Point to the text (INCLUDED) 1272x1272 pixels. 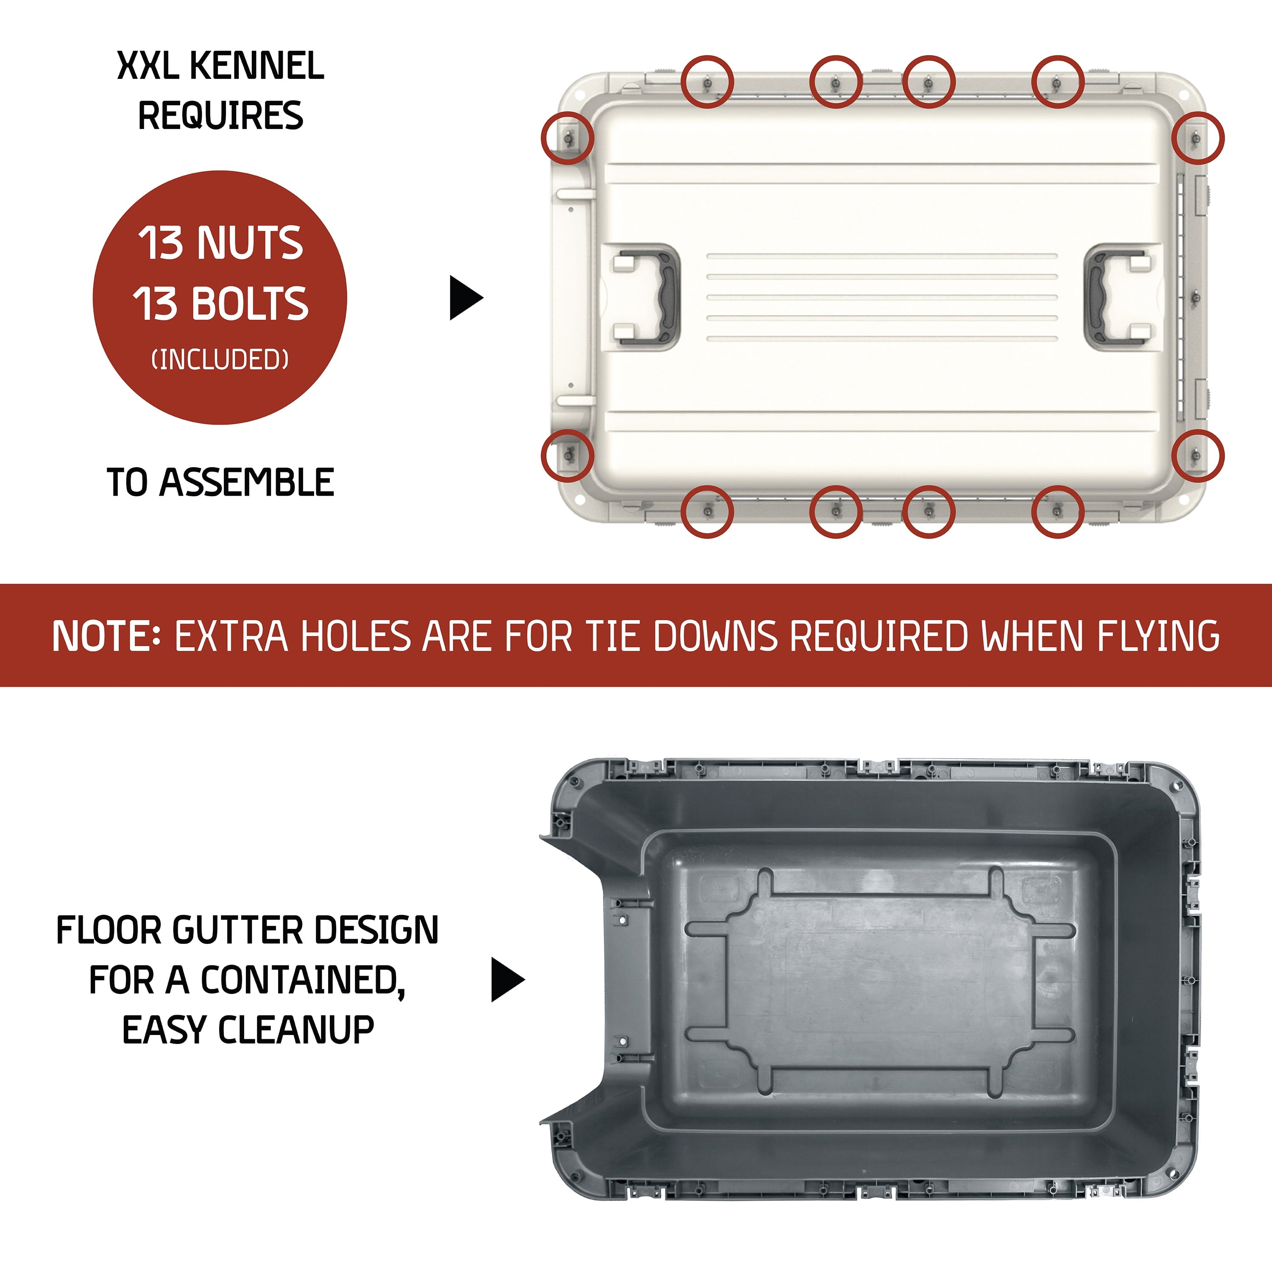[220, 360]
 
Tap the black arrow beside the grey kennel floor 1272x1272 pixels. [507, 980]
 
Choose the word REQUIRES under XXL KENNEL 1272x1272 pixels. [220, 115]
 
